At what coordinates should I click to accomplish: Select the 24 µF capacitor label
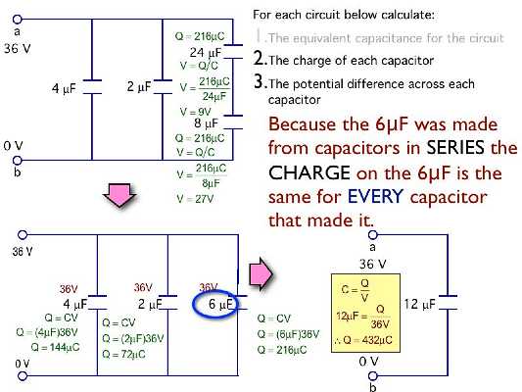tap(203, 52)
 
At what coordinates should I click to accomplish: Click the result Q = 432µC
tap(362, 344)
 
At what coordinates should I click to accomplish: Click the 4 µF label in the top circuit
tap(65, 89)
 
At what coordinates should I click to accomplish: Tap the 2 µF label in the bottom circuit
tap(149, 305)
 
